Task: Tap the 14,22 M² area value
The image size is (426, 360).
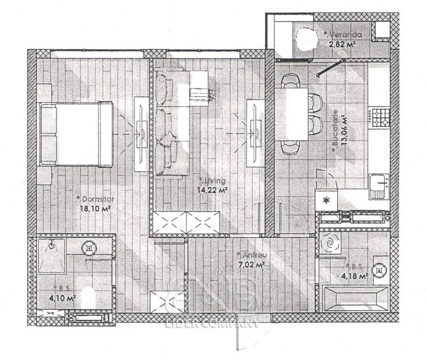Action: (x=212, y=190)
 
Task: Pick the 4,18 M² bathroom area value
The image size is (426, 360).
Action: (x=355, y=276)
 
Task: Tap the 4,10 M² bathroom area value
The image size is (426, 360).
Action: (x=62, y=298)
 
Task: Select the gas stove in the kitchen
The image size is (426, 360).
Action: (x=381, y=117)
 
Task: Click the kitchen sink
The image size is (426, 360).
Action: (x=379, y=186)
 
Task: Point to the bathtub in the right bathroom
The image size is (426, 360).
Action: (x=356, y=299)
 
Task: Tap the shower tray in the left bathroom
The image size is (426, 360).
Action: (x=51, y=256)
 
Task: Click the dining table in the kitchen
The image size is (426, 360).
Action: (x=291, y=114)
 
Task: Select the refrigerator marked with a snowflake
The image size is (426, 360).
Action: (x=326, y=200)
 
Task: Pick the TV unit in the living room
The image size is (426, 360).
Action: (x=256, y=133)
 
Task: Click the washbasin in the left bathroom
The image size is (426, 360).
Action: (x=89, y=248)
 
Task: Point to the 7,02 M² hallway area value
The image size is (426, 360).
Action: (x=252, y=265)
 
